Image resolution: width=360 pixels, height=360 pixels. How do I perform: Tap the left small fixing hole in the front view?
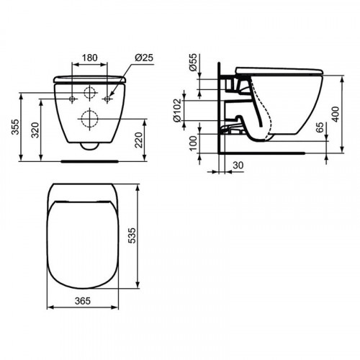[x=74, y=97]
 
